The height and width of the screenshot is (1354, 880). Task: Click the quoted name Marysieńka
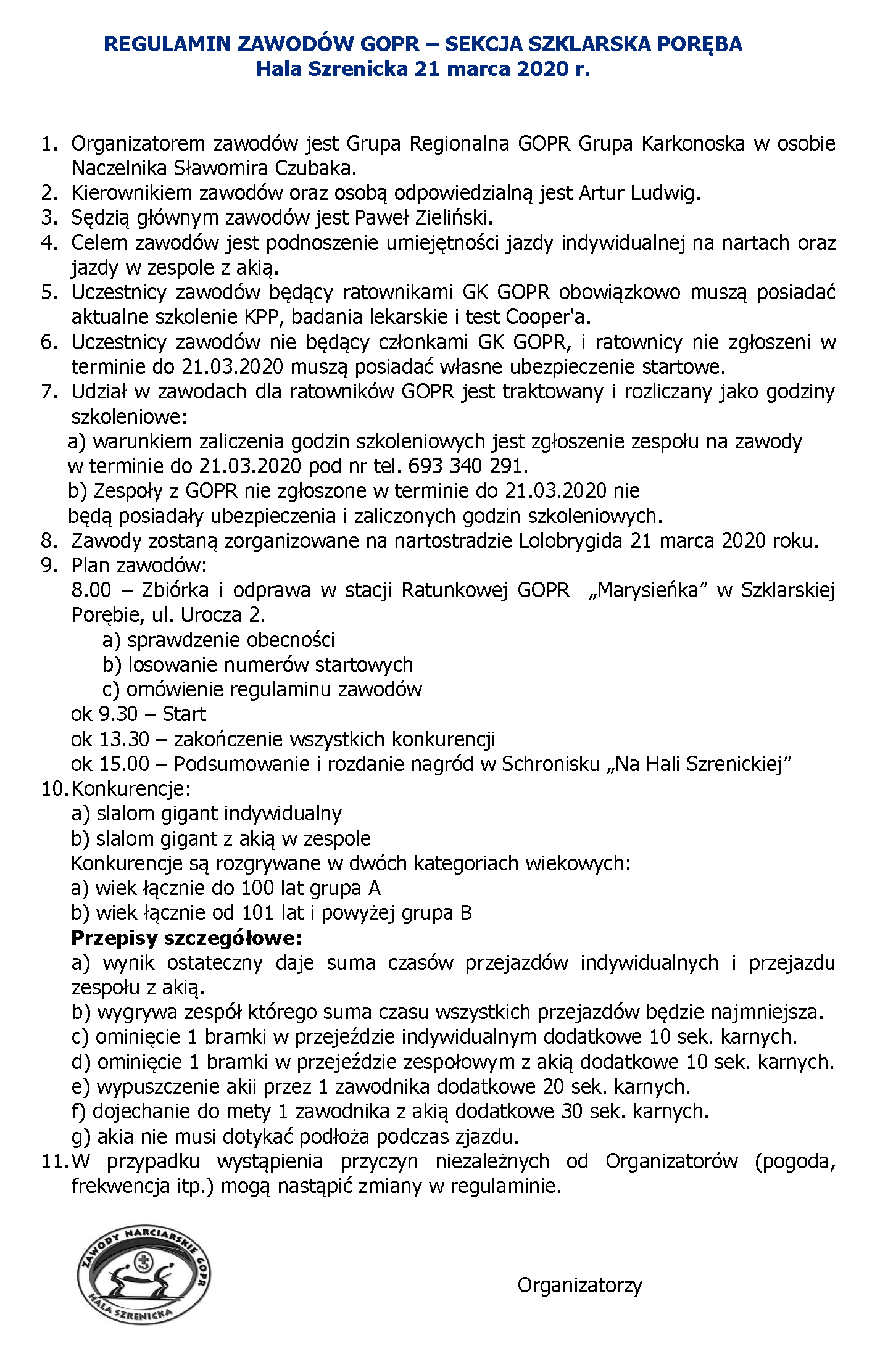point(648,590)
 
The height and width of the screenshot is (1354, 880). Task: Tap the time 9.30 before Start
point(118,714)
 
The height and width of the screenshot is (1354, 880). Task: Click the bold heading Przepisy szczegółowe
point(186,938)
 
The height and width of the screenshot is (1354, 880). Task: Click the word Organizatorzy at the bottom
point(579,1285)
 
